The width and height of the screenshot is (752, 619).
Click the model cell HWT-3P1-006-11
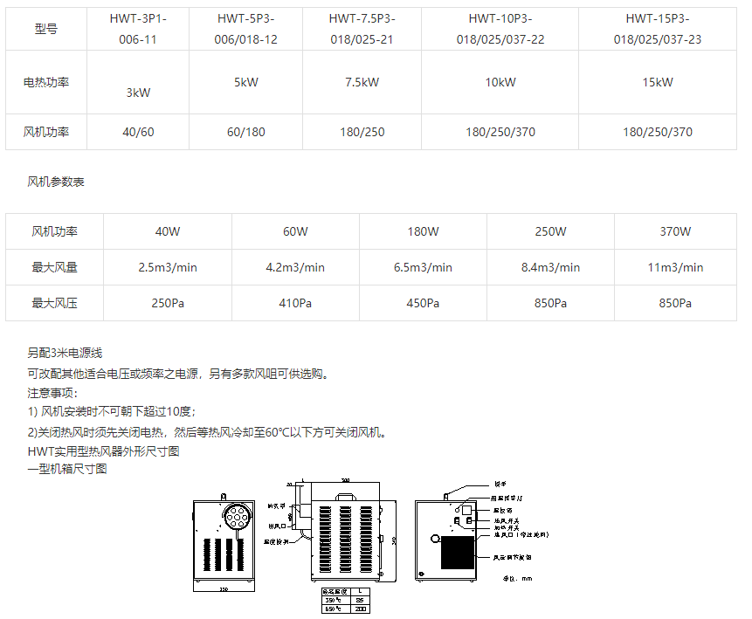click(x=138, y=28)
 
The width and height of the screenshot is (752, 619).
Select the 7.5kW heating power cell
click(x=362, y=82)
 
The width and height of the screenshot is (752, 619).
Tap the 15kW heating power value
click(x=658, y=82)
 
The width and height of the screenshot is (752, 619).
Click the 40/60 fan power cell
click(x=138, y=132)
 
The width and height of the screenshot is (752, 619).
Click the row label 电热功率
click(x=46, y=82)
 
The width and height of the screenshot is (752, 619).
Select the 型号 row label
click(x=46, y=29)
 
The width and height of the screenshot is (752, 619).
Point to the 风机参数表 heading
click(x=56, y=182)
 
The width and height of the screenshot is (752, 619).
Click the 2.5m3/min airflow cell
click(x=168, y=267)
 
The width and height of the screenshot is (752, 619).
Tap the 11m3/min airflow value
click(x=675, y=267)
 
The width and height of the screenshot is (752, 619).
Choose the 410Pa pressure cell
click(x=295, y=303)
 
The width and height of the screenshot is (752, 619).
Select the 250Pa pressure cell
click(x=168, y=303)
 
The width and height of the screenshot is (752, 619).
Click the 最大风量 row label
click(x=54, y=267)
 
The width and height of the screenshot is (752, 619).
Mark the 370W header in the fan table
click(x=675, y=231)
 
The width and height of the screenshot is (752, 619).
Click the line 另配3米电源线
click(x=66, y=353)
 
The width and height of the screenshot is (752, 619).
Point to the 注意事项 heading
click(x=52, y=393)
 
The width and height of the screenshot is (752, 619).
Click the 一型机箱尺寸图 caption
click(x=67, y=469)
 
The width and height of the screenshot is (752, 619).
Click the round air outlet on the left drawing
click(x=237, y=517)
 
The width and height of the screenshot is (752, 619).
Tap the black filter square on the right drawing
click(x=458, y=554)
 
